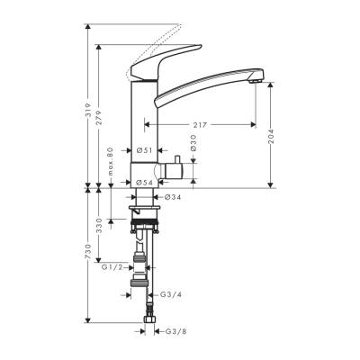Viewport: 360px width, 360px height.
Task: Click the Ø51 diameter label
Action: pos(144,151)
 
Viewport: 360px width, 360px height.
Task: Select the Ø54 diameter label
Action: pos(144,183)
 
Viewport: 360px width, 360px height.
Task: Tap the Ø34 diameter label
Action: pos(171,195)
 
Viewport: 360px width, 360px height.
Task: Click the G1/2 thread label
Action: pos(112,267)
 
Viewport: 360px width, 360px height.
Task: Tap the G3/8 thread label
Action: pos(175,332)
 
